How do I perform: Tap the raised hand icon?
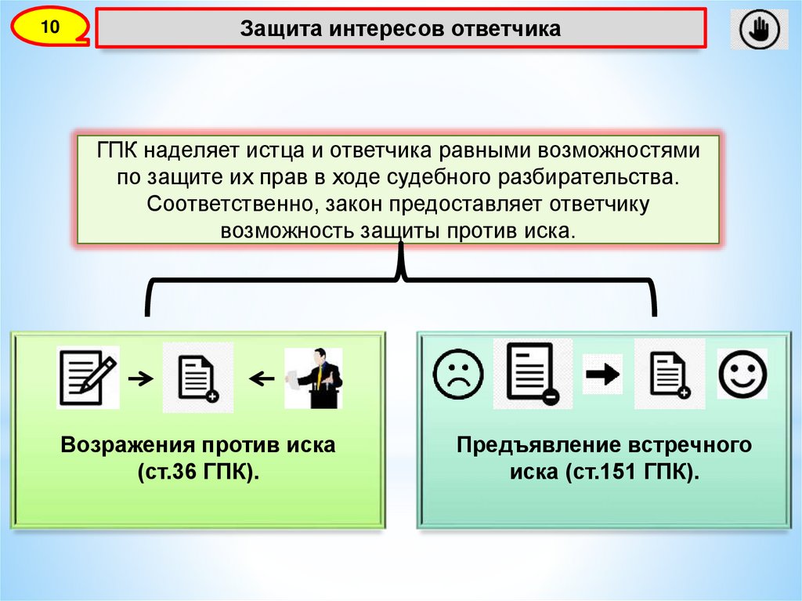[759, 30]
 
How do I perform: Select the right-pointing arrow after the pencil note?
[140, 379]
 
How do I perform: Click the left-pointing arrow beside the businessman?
[261, 379]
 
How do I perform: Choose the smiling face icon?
[742, 374]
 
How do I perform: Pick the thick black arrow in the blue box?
[602, 375]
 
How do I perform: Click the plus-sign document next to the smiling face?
[670, 374]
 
